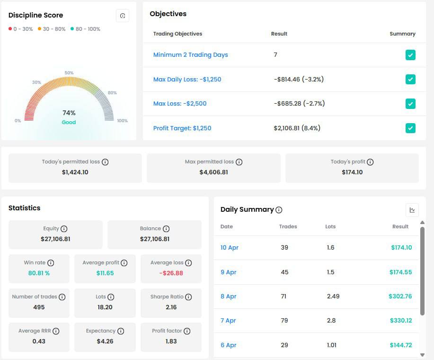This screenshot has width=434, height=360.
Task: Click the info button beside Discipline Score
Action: pos(123,16)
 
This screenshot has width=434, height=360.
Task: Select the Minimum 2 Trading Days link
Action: pos(190,55)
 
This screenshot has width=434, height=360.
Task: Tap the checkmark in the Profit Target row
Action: pos(410,128)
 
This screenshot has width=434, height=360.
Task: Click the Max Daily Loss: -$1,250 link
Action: pos(187,79)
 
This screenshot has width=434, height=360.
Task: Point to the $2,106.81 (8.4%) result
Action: pos(297,128)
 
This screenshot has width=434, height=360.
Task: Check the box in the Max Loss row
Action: pos(410,104)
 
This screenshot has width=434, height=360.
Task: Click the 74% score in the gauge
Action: pos(69,113)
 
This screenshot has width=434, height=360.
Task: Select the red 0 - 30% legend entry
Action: pos(21,29)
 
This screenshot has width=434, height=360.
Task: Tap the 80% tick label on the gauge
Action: pos(112,93)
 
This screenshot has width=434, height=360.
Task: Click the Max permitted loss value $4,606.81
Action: pos(213,172)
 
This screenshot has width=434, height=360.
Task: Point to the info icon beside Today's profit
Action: pos(370,162)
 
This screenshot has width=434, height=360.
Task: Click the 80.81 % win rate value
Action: pos(39,273)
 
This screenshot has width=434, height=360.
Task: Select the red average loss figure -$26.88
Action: pos(171,273)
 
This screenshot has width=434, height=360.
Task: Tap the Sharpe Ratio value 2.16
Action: pos(171,307)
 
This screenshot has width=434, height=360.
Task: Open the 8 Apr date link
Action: pos(228,297)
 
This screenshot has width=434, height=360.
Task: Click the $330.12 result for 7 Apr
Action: pos(400,321)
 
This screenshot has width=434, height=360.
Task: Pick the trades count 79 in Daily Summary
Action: pos(284,321)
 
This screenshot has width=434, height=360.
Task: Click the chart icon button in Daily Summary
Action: pos(412,210)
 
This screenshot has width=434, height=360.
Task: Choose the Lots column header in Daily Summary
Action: pos(330,226)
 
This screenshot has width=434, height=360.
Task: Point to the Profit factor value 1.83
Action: pos(171,341)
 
